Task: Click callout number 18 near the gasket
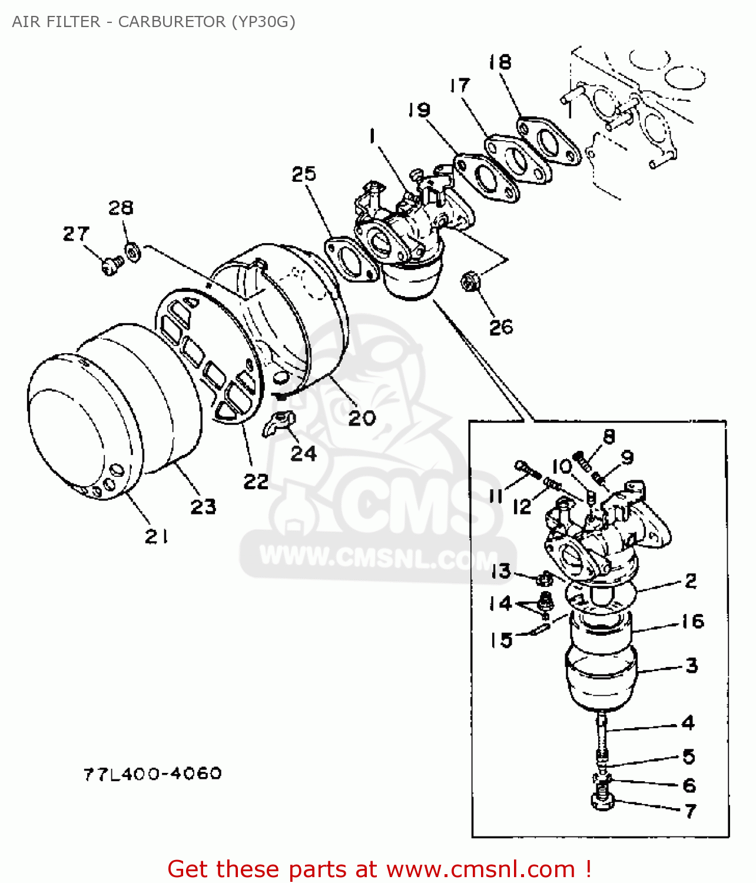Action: pos(500,62)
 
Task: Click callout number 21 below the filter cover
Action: pos(157,536)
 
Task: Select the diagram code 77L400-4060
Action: pos(152,773)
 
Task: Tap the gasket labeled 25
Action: pos(352,259)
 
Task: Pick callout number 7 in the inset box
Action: pos(690,811)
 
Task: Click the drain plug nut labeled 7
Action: pos(602,801)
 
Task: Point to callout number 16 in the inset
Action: pos(692,621)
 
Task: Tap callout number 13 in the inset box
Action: pos(500,570)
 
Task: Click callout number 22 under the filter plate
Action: pos(256,481)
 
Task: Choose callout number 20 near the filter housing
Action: pos(362,418)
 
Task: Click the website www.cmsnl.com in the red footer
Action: pos(480,869)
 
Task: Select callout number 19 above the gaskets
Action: pos(419,110)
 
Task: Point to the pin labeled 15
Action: pos(541,629)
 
